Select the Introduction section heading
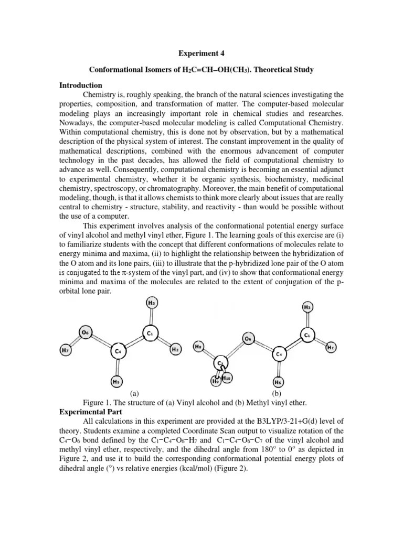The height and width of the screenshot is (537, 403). [x=81, y=85]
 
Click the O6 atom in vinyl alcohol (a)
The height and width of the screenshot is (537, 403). [x=87, y=332]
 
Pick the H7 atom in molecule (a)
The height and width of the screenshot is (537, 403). [x=65, y=349]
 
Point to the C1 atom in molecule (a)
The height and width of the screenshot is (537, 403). [x=150, y=332]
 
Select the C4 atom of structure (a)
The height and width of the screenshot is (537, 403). [x=119, y=350]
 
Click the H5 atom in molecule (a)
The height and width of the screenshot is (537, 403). [x=118, y=382]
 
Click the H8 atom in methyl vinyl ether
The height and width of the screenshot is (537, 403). [x=198, y=347]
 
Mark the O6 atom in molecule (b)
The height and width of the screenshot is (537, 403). [x=250, y=339]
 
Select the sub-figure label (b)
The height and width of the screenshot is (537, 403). [x=276, y=393]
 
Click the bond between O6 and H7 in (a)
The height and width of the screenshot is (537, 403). [x=76, y=341]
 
